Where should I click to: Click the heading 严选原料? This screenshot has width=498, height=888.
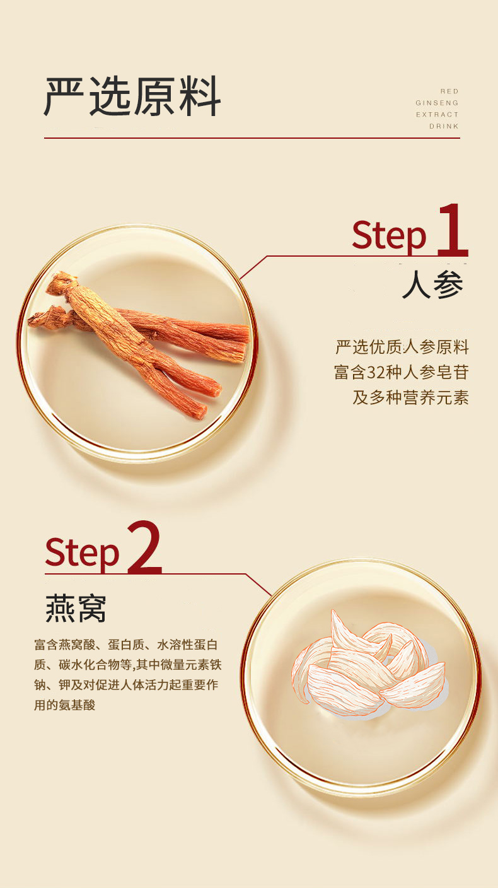(132, 97)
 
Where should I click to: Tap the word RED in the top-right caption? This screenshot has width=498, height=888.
(449, 91)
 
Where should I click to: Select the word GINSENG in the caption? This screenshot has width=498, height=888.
(437, 103)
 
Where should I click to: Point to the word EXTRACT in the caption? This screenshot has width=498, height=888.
(437, 115)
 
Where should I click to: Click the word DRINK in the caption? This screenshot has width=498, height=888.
(444, 126)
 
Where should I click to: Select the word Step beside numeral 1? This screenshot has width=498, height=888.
(389, 235)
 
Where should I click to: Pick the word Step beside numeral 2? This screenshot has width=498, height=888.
(82, 552)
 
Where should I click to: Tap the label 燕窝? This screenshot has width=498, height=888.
(76, 609)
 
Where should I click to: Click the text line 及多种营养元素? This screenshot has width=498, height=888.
(410, 398)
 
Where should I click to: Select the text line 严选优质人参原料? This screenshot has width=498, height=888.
(402, 348)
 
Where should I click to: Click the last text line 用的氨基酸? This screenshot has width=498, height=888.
(64, 704)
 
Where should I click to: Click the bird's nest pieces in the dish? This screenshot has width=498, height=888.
(366, 665)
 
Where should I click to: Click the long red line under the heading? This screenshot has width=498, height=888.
(252, 137)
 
